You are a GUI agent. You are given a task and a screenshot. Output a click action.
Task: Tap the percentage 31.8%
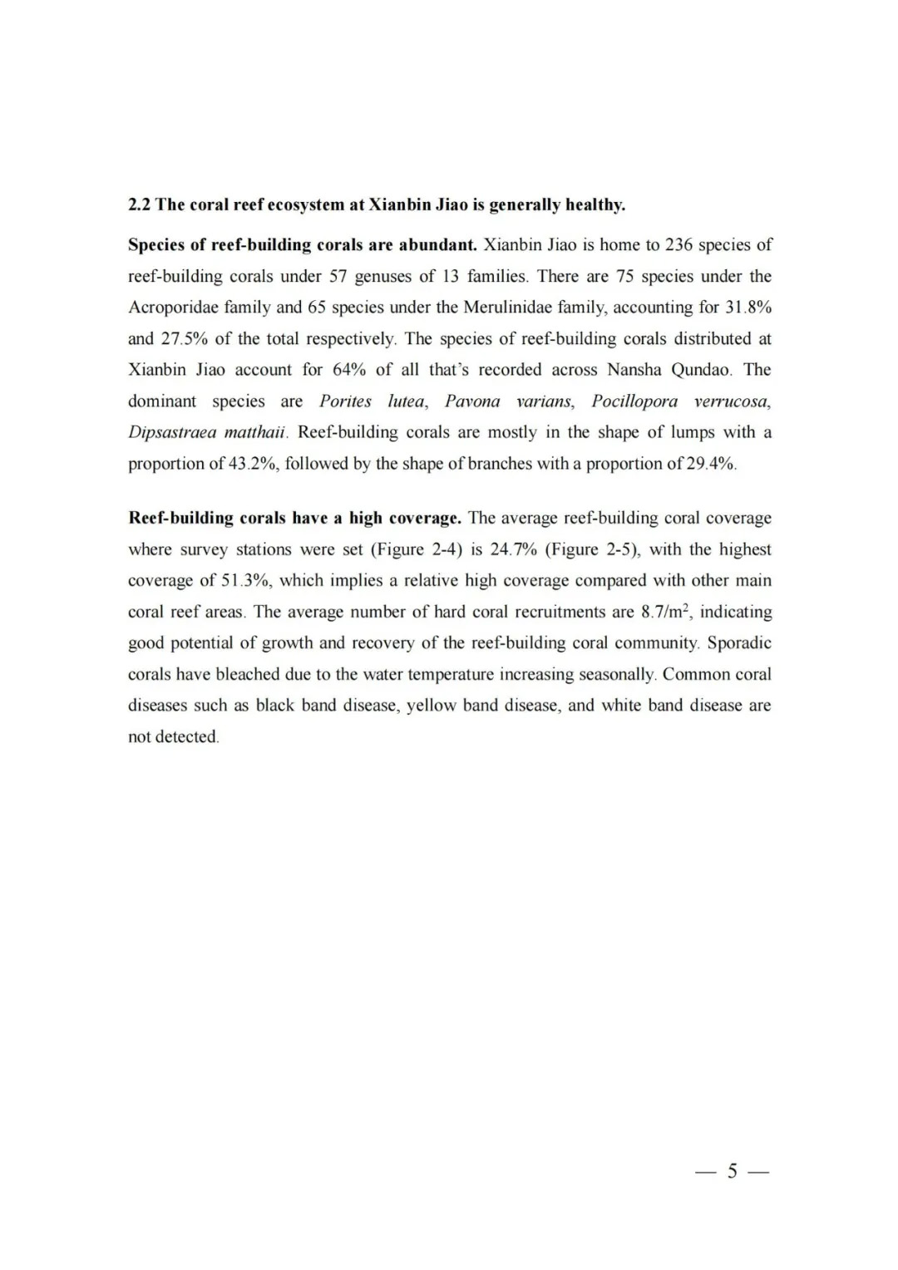pos(748,308)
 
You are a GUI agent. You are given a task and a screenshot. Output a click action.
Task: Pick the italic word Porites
pos(345,401)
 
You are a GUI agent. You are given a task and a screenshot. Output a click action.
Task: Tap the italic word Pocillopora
pos(634,401)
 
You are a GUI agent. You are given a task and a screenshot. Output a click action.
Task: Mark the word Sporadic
pos(739,642)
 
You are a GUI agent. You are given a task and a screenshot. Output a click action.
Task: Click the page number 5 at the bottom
pos(732,1172)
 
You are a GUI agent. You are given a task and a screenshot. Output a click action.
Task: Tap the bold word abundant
pos(437,245)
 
